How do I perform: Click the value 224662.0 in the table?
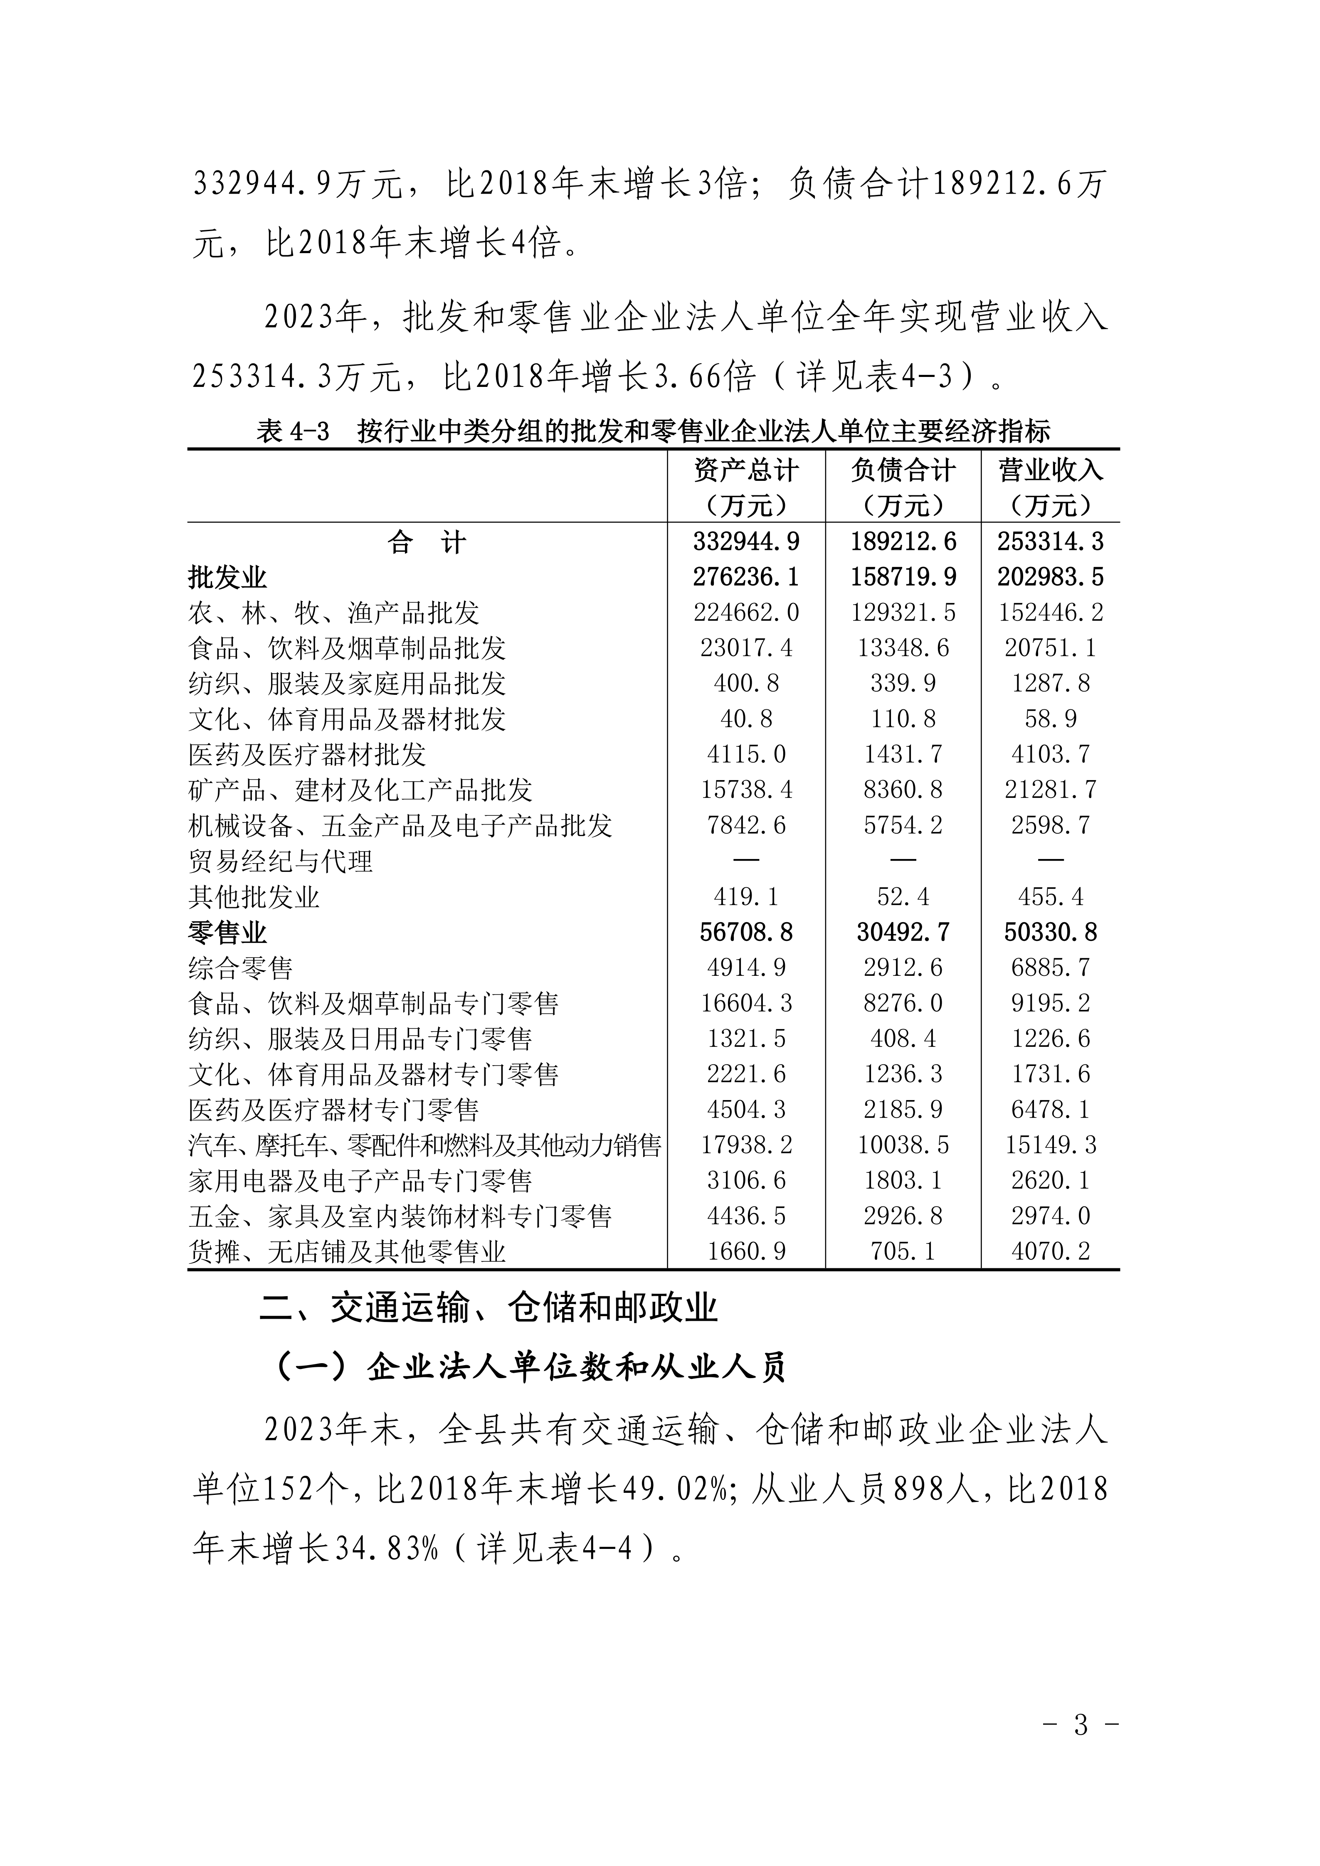746,613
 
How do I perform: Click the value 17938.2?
746,1145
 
